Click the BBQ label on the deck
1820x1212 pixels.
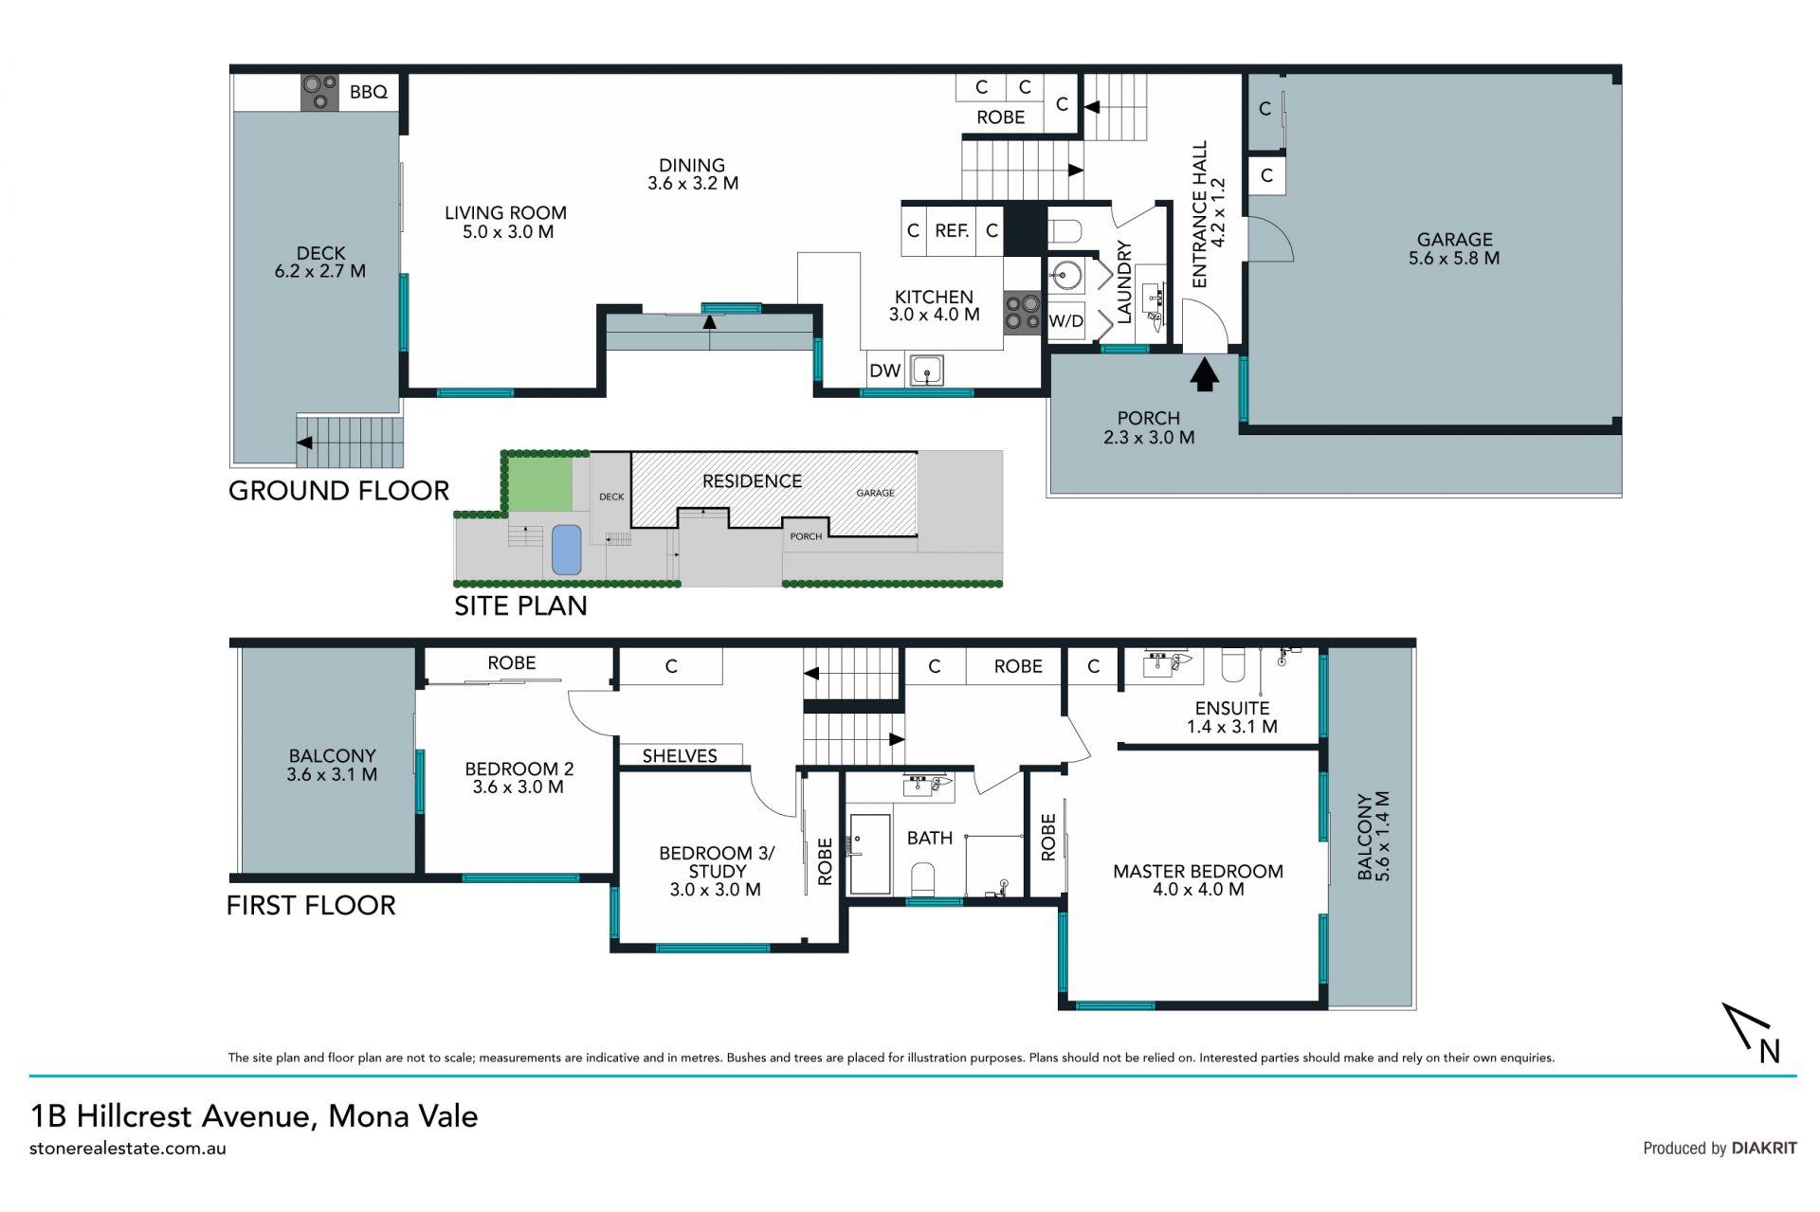369,92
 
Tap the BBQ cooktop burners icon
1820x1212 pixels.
320,92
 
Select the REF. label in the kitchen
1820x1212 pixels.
952,230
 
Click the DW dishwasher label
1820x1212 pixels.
884,371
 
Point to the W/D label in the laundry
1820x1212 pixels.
1065,321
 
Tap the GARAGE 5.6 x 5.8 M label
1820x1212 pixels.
1454,248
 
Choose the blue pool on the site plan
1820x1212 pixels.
566,550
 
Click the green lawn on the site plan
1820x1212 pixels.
541,484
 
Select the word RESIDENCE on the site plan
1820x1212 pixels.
752,481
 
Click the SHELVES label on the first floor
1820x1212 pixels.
680,756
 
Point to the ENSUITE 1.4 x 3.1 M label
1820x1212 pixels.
1232,717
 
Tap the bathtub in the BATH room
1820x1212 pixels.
870,854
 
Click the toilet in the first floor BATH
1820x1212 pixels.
922,879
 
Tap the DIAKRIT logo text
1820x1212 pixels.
1764,1148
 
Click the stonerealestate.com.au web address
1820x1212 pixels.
128,1149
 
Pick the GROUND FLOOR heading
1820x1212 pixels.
338,491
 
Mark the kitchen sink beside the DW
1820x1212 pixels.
926,371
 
